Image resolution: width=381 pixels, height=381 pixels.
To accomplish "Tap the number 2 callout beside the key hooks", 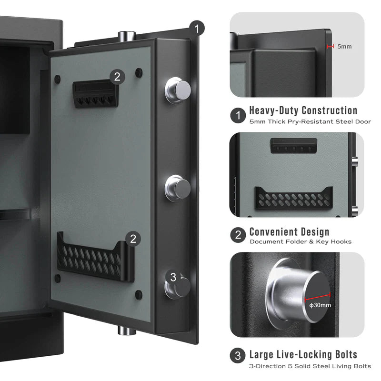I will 117,76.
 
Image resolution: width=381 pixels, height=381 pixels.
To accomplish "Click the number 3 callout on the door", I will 173,277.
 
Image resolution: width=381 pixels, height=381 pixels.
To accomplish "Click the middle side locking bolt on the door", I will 178,187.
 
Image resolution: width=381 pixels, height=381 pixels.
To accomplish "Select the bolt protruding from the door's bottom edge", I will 125,330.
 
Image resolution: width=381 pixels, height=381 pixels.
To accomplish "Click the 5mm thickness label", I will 344,47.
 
